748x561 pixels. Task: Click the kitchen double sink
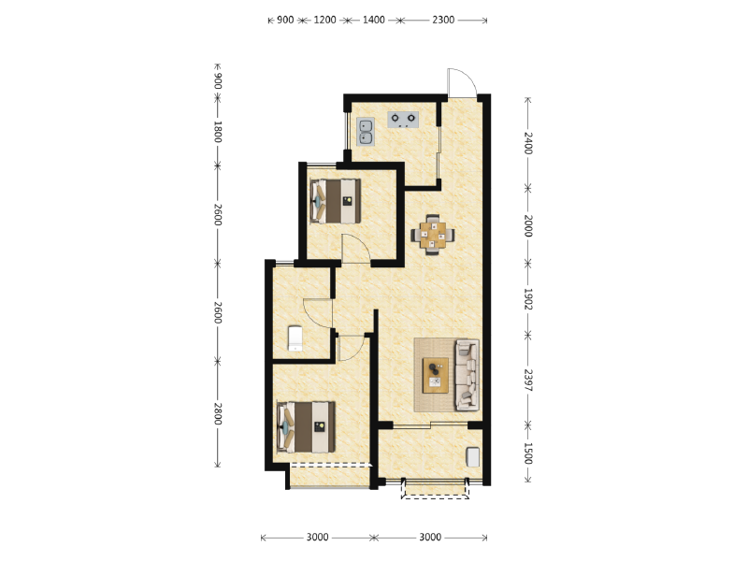click(366, 132)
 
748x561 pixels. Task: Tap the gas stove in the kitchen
click(403, 120)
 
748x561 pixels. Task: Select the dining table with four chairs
click(433, 235)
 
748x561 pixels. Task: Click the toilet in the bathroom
click(295, 338)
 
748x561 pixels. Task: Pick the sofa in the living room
click(467, 375)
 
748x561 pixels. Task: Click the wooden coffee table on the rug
click(436, 376)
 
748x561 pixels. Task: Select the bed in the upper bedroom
click(336, 201)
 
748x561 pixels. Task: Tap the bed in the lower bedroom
click(307, 427)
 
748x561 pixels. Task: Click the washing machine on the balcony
click(473, 456)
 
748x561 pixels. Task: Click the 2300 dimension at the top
click(443, 20)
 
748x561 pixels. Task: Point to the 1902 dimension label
click(527, 299)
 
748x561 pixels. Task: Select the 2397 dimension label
click(527, 380)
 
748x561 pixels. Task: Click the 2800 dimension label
click(218, 413)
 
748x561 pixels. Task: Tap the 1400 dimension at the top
click(373, 20)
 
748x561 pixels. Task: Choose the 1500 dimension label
click(527, 453)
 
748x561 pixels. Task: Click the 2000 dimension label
click(527, 225)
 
